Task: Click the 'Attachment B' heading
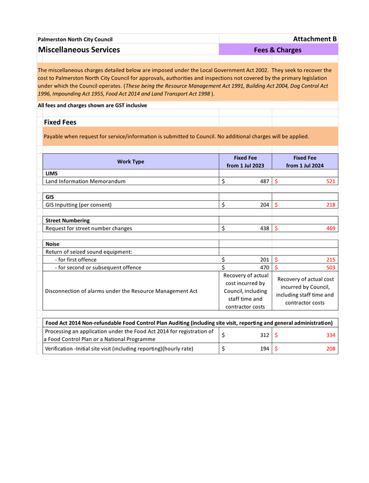(315, 39)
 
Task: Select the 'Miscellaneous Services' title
(79, 50)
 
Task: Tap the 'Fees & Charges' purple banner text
(277, 50)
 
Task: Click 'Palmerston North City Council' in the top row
(75, 39)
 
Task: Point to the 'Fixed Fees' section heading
(60, 122)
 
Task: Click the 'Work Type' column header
(130, 161)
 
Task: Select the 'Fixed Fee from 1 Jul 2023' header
(245, 161)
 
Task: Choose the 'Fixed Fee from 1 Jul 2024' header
(304, 161)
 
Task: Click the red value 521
(331, 181)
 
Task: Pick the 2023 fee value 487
(264, 181)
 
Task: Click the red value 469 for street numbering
(331, 228)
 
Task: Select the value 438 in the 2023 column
(264, 228)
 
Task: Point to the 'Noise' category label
(52, 244)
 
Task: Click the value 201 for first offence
(264, 259)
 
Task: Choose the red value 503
(331, 267)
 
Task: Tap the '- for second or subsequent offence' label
(98, 267)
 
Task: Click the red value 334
(331, 335)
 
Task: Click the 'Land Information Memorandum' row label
(85, 181)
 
